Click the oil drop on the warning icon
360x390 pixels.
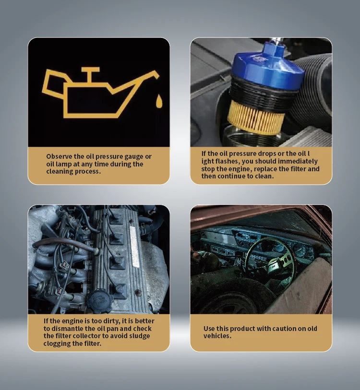(158, 101)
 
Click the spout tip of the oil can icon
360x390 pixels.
(156, 74)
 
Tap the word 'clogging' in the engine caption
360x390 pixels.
(58, 343)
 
